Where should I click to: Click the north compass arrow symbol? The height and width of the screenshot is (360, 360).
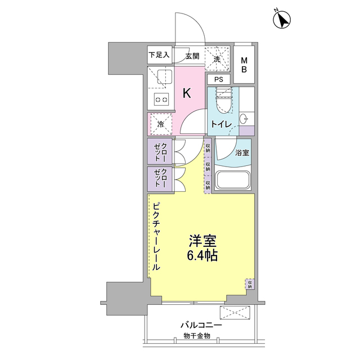pos(282,20)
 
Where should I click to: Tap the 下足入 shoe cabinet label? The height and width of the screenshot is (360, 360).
pos(159,56)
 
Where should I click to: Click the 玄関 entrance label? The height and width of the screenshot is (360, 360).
pos(192,56)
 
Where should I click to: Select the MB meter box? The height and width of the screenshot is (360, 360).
pos(245,64)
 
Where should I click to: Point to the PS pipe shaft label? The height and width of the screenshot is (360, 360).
pos(218,79)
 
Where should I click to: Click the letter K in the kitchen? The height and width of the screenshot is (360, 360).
pos(187,93)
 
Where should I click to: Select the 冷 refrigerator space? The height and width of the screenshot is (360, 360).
pos(160,124)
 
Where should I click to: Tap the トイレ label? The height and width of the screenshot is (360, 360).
pos(218,125)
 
